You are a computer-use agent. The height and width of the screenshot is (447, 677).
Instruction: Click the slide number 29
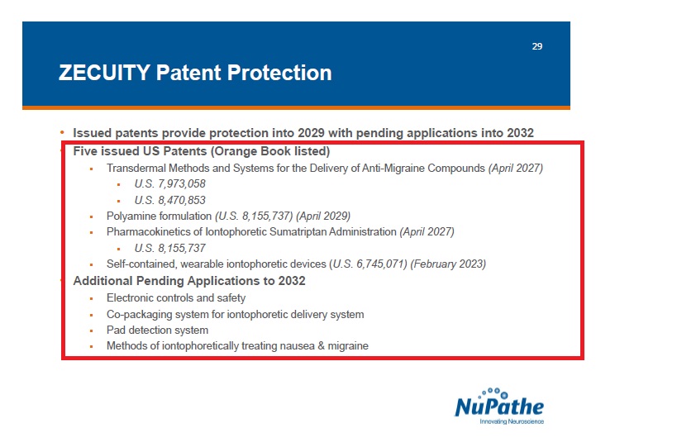(537, 46)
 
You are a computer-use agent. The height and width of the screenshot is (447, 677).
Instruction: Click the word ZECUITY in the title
(104, 73)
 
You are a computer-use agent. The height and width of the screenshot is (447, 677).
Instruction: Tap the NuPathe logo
(499, 406)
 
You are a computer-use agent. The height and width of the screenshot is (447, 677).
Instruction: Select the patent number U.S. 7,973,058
(170, 183)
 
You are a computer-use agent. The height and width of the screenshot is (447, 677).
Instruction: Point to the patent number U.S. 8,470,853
(170, 200)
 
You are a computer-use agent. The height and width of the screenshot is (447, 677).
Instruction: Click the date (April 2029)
(323, 216)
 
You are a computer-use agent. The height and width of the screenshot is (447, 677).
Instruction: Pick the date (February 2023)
(448, 264)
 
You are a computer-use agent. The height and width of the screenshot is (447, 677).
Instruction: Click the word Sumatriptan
(298, 232)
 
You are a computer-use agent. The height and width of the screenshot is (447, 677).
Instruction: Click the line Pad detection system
(158, 330)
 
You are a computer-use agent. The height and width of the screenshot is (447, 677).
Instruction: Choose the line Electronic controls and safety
(176, 297)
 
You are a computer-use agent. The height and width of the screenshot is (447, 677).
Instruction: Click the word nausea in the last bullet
(297, 346)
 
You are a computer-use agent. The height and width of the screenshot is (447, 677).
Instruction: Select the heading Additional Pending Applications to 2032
(189, 281)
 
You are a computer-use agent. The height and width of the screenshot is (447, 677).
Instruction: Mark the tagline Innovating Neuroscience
(512, 421)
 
